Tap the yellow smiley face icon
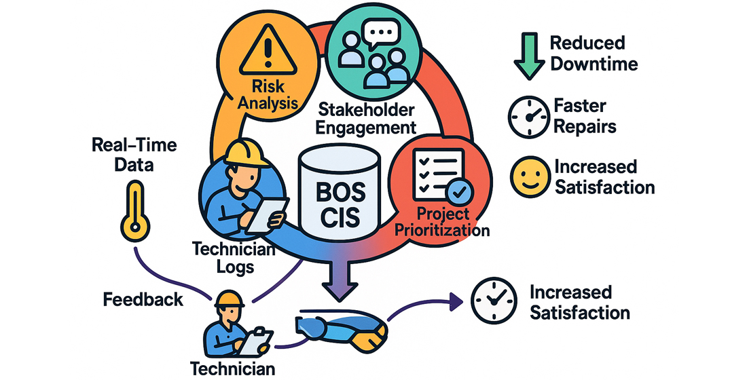pos(527,176)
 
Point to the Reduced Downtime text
pos(594,54)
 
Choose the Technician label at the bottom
pos(233,368)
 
